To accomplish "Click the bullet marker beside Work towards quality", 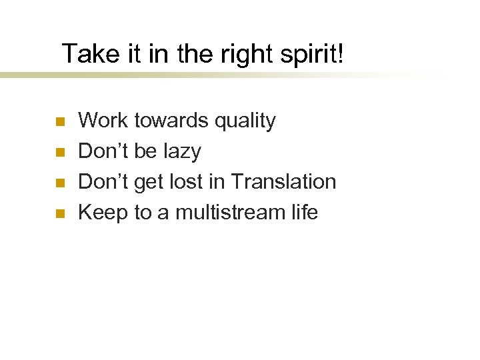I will [59, 122].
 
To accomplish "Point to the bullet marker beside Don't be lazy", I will [59, 153].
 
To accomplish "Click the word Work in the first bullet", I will [103, 121].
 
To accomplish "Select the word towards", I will [171, 121].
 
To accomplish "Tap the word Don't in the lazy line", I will [103, 151].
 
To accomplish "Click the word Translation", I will [283, 182].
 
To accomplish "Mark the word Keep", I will [103, 213].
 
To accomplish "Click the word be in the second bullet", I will [145, 151].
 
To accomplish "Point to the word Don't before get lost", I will [103, 182].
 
